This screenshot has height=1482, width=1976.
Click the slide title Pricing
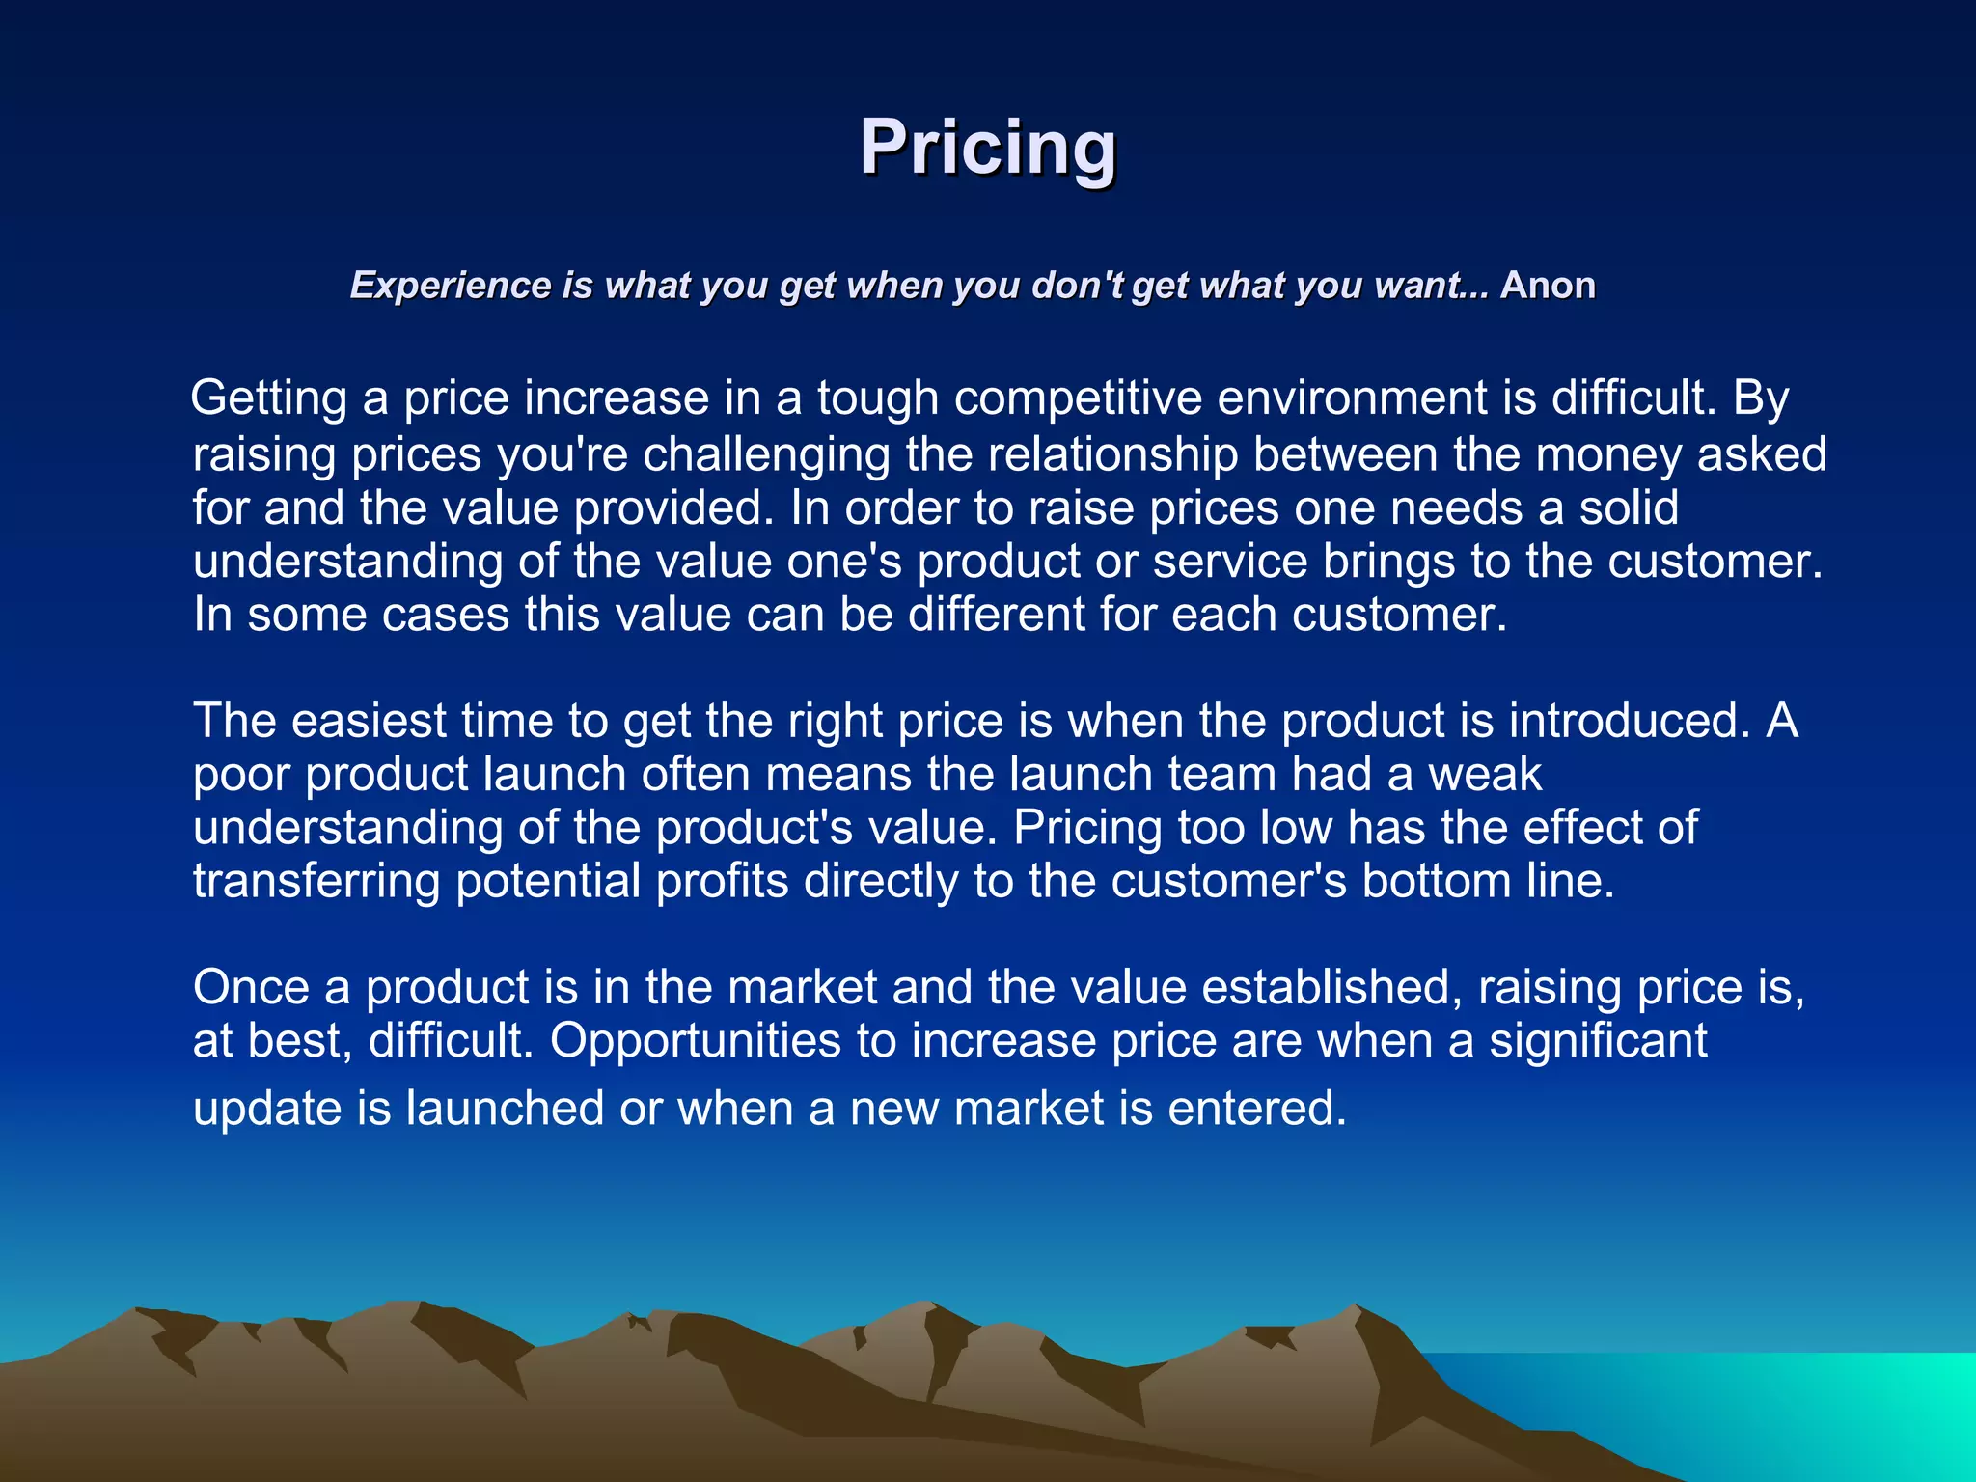point(988,147)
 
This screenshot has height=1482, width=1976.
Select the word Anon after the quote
point(1548,286)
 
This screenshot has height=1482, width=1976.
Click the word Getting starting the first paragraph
point(269,398)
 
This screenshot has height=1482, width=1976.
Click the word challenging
point(766,454)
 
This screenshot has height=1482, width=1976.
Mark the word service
point(1230,562)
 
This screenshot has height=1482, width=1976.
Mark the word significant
point(1598,1040)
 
